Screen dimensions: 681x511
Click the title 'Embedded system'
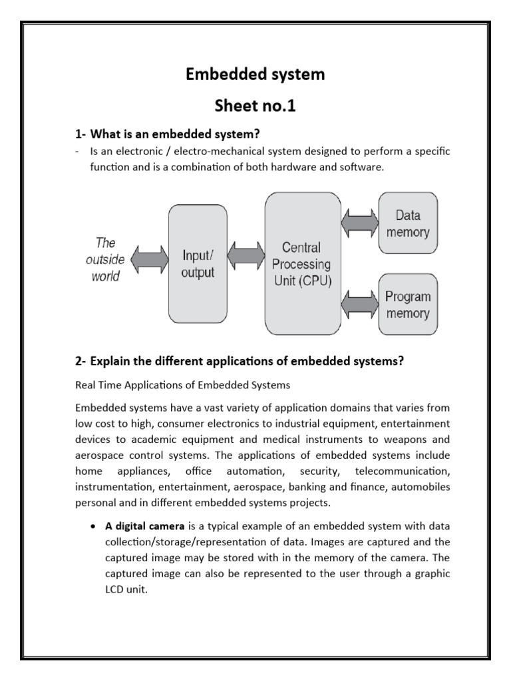point(255,74)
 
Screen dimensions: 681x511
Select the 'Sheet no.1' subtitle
point(255,106)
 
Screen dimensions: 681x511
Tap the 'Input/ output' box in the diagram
point(198,263)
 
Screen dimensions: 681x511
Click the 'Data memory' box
point(408,223)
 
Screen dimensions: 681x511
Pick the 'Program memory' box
point(408,305)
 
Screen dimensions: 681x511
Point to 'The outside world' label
point(105,259)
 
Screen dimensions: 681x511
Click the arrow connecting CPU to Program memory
point(359,304)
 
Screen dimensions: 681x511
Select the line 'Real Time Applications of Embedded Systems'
point(183,385)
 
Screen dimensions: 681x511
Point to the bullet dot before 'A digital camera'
point(92,527)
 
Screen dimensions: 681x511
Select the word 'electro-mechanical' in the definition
point(208,152)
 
